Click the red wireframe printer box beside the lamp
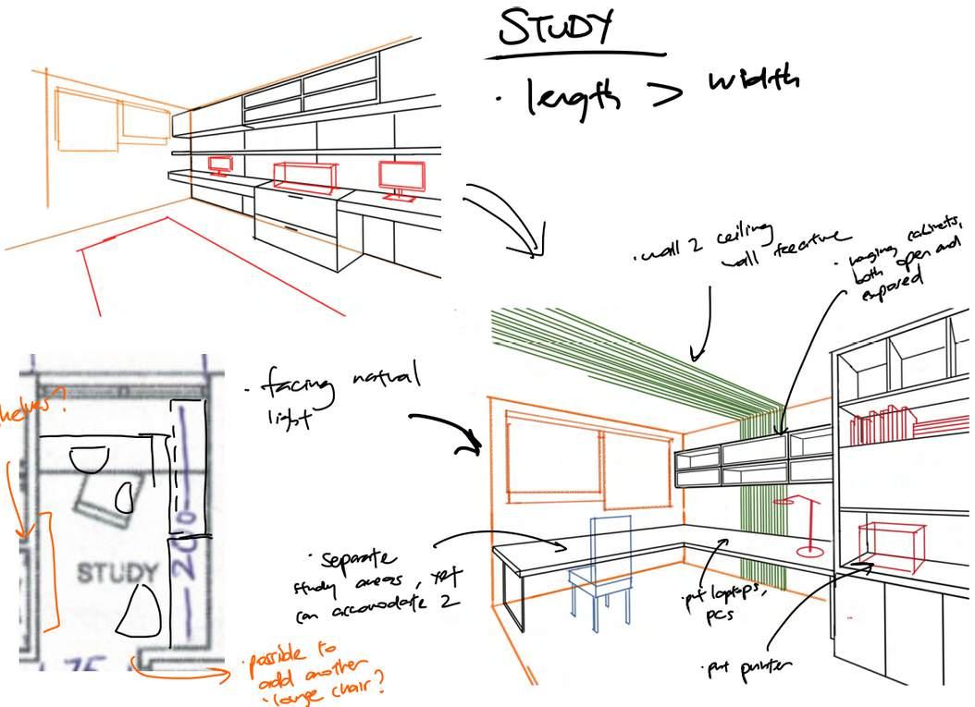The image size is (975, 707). pyautogui.click(x=892, y=546)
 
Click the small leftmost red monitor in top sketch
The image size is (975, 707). pyautogui.click(x=220, y=165)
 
